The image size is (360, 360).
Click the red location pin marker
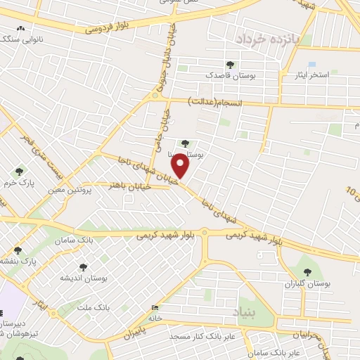pos(181,166)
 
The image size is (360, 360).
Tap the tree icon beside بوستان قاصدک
pos(231,65)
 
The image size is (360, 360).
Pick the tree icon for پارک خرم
pos(19,172)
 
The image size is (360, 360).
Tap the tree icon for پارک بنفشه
pos(18,250)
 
